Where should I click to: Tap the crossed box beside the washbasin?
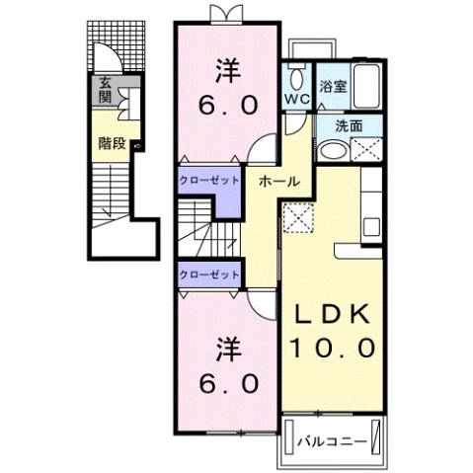pyautogui.click(x=366, y=151)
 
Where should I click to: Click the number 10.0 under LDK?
pyautogui.click(x=332, y=348)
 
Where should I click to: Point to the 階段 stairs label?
pyautogui.click(x=111, y=142)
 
